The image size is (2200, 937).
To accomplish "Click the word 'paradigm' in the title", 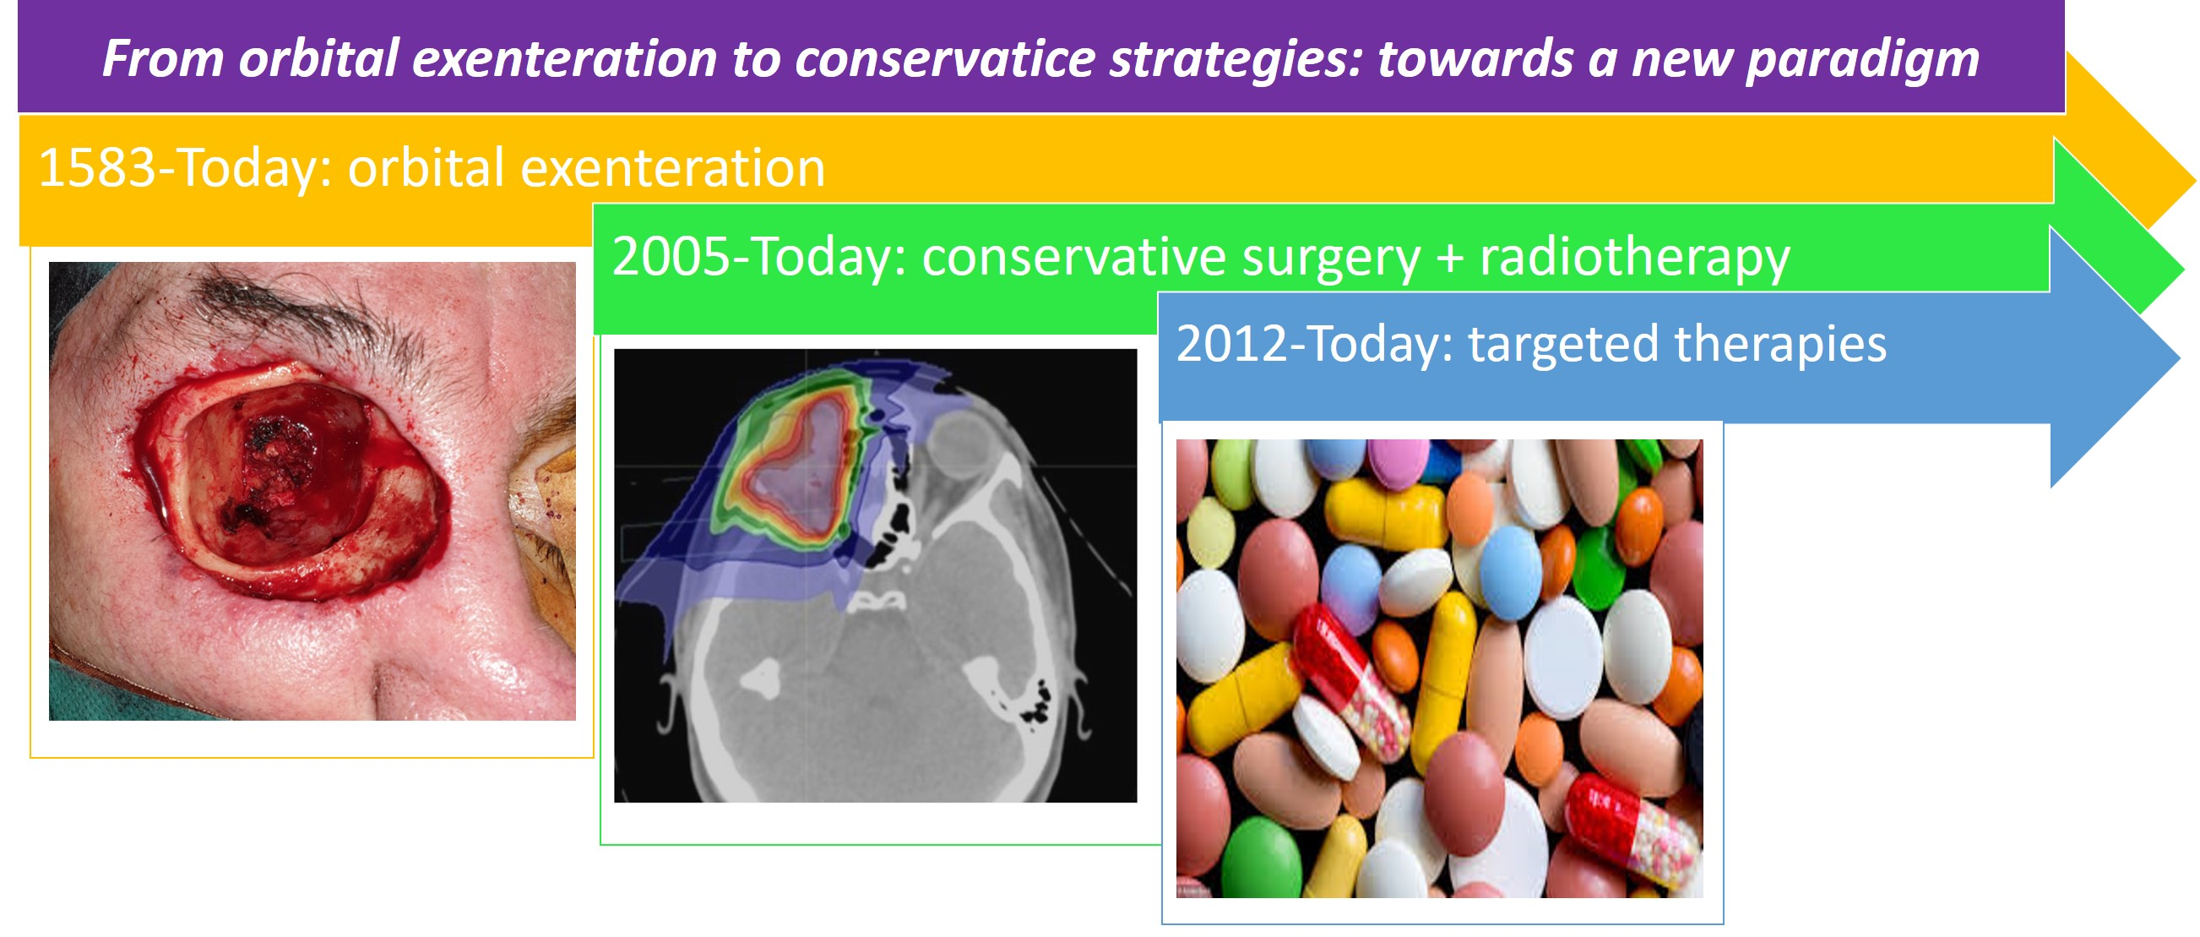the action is (x=1863, y=60).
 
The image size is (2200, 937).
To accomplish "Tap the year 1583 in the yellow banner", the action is (x=97, y=167).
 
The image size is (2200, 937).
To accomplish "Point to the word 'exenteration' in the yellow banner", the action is (x=672, y=167).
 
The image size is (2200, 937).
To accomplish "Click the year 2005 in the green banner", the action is (x=672, y=256).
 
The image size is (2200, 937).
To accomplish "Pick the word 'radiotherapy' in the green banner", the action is (x=1635, y=259).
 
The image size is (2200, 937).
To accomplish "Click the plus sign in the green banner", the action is (x=1450, y=259).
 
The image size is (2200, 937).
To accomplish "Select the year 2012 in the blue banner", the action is (x=1236, y=344).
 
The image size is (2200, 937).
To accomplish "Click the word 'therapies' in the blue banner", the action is (x=1779, y=346).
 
